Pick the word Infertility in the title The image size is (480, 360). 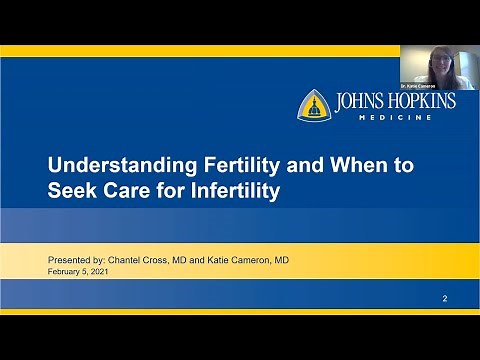240,191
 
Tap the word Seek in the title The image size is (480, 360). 70,191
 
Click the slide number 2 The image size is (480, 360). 445,299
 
